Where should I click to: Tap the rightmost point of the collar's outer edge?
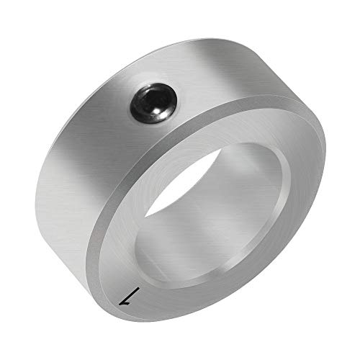click(325, 155)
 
